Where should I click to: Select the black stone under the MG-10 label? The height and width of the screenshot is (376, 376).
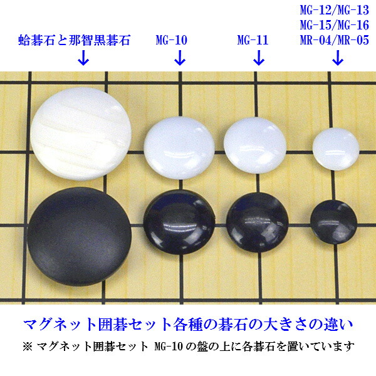(179, 220)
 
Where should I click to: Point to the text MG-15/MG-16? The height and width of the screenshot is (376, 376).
(335, 26)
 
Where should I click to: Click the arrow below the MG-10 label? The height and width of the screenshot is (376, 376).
(179, 60)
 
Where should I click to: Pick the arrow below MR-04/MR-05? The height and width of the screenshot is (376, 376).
(337, 60)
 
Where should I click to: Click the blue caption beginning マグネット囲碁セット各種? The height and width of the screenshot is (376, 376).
(188, 325)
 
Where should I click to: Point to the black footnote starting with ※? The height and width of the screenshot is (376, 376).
(188, 347)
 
